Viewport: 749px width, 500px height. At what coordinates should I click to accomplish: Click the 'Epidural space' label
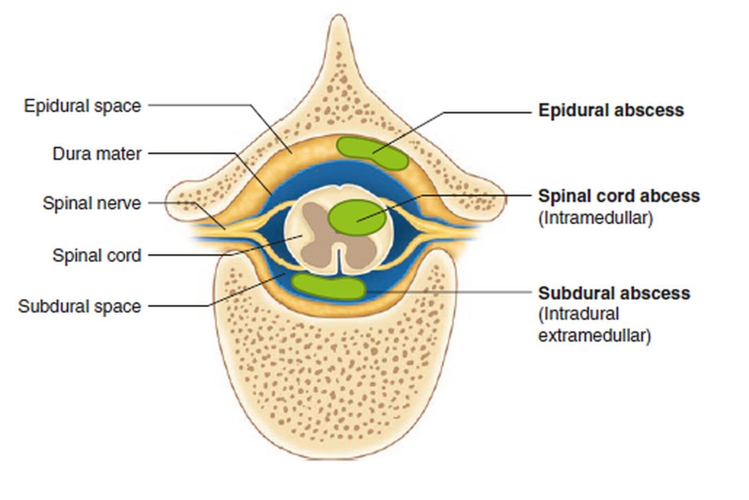coord(82,106)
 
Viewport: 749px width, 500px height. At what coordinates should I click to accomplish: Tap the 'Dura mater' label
coord(97,154)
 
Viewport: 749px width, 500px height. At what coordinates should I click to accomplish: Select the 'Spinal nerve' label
coord(92,203)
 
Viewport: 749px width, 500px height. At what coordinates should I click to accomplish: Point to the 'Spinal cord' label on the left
coord(97,256)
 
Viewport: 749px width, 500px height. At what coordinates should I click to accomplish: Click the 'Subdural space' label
coord(80,306)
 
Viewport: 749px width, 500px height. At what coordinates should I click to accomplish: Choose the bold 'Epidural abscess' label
coord(611,110)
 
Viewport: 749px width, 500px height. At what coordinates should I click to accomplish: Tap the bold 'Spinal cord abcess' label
coord(619,196)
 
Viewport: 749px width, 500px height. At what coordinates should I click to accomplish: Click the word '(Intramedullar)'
coord(595,218)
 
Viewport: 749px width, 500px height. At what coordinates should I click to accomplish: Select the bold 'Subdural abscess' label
coord(614,293)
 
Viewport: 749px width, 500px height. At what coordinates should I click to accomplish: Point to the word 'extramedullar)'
coord(595,336)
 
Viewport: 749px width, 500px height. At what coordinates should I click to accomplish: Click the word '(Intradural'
coord(579,314)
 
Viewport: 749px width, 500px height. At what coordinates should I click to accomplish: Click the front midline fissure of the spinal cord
coord(339,261)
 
